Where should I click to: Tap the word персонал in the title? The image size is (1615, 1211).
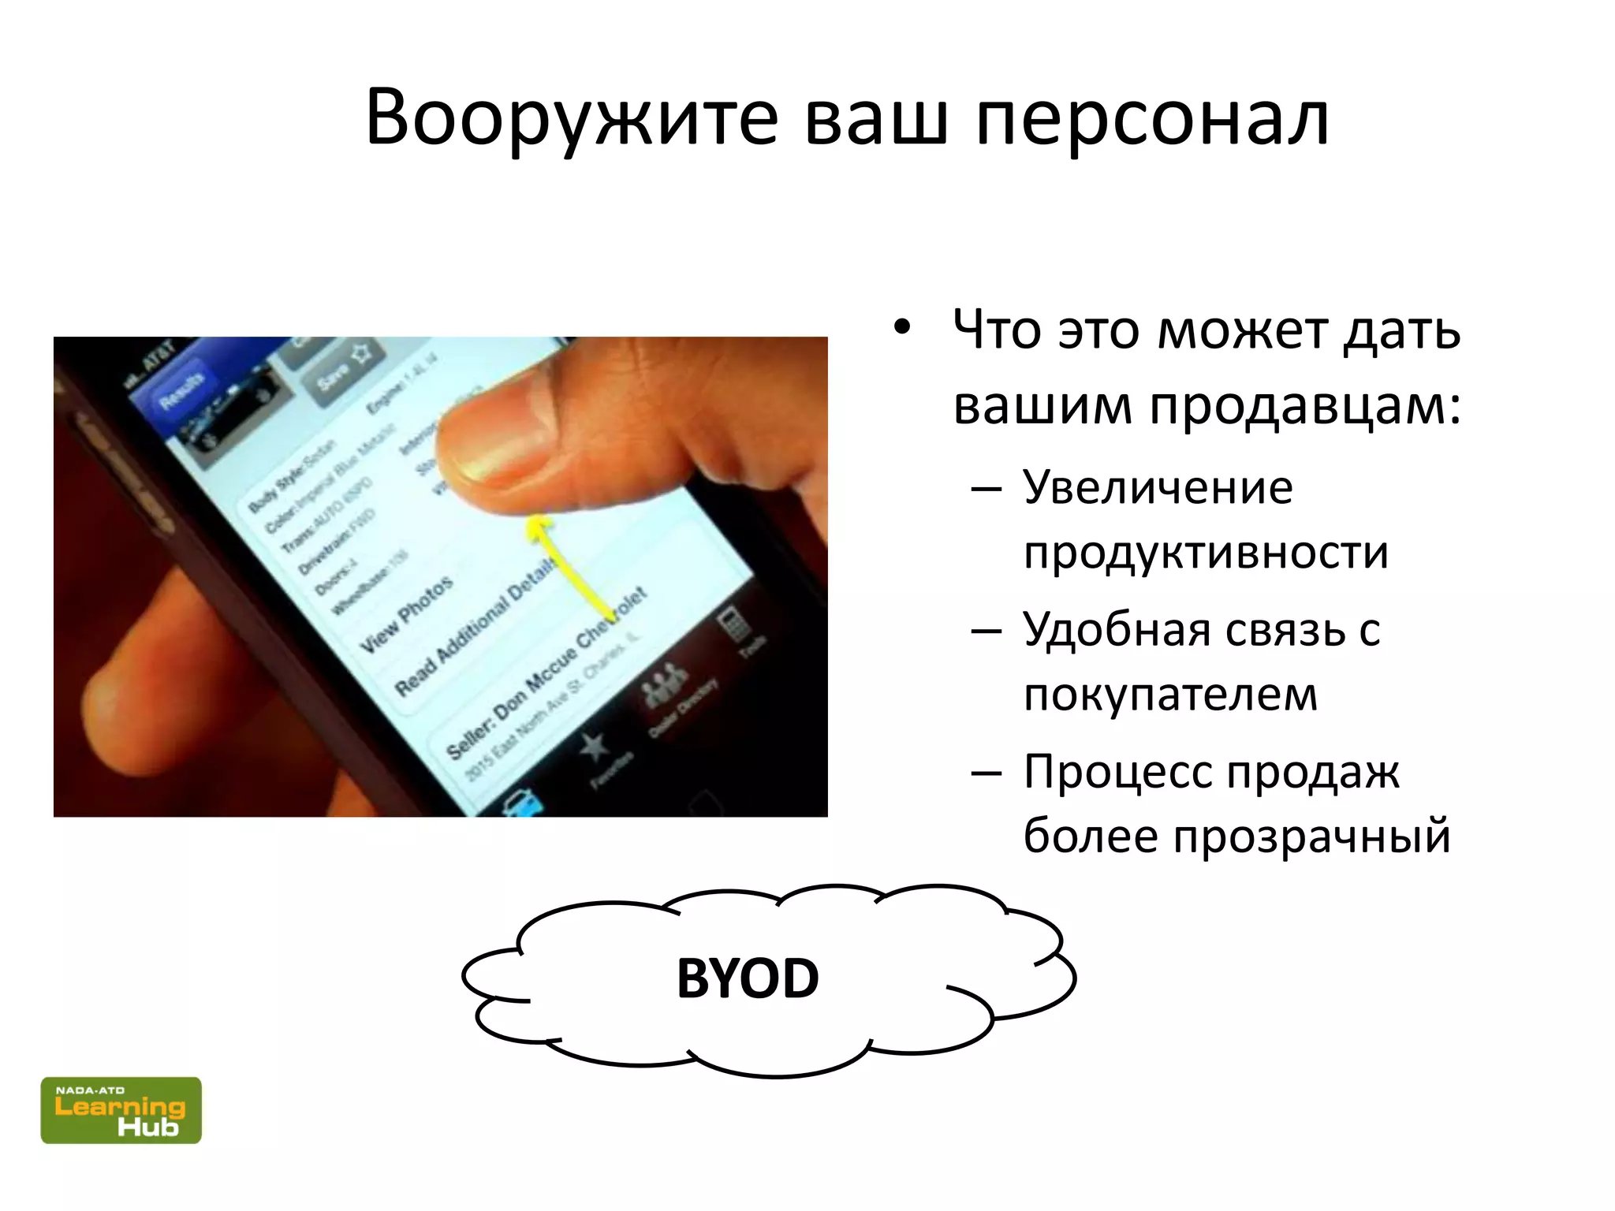tap(1152, 118)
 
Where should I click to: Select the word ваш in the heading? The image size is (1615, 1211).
tap(876, 118)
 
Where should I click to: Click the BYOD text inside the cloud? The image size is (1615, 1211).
tap(748, 978)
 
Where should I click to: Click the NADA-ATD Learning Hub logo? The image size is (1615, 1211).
tap(121, 1110)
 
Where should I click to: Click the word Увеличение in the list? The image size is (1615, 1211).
tap(1158, 487)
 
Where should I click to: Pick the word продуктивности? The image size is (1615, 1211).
tap(1206, 552)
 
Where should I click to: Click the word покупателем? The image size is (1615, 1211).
tap(1170, 695)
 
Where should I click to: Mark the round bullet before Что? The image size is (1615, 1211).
tap(902, 327)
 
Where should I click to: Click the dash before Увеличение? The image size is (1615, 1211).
tap(987, 489)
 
